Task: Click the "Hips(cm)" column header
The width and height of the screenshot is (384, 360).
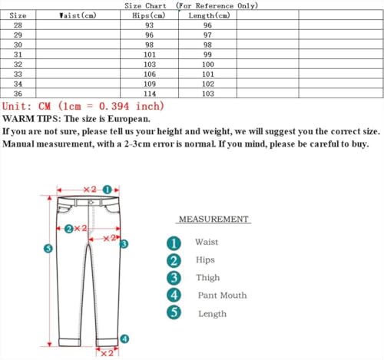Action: (149, 15)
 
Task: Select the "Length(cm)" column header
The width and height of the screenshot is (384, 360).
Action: (207, 15)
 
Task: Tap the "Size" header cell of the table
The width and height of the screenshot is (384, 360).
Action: (18, 15)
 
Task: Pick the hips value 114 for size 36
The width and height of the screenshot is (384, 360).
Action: (149, 93)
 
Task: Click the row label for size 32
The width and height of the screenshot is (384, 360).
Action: (18, 64)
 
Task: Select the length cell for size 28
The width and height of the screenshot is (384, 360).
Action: (207, 25)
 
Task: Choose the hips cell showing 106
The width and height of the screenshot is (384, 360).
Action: (149, 74)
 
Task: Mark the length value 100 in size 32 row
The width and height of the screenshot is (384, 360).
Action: (207, 64)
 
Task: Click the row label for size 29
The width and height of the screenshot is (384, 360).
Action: (18, 35)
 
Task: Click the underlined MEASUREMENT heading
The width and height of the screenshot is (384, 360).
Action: (214, 220)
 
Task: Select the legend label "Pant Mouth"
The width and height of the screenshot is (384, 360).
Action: (222, 295)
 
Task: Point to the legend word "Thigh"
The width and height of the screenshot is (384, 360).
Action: (207, 277)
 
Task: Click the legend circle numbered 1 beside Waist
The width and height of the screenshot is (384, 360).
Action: (174, 242)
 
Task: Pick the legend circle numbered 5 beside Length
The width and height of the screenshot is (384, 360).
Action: (174, 313)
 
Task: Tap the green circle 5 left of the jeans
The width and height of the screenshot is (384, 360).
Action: (48, 249)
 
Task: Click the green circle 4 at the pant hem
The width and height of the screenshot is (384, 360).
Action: (124, 338)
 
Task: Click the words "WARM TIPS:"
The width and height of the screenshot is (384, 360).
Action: (32, 119)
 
